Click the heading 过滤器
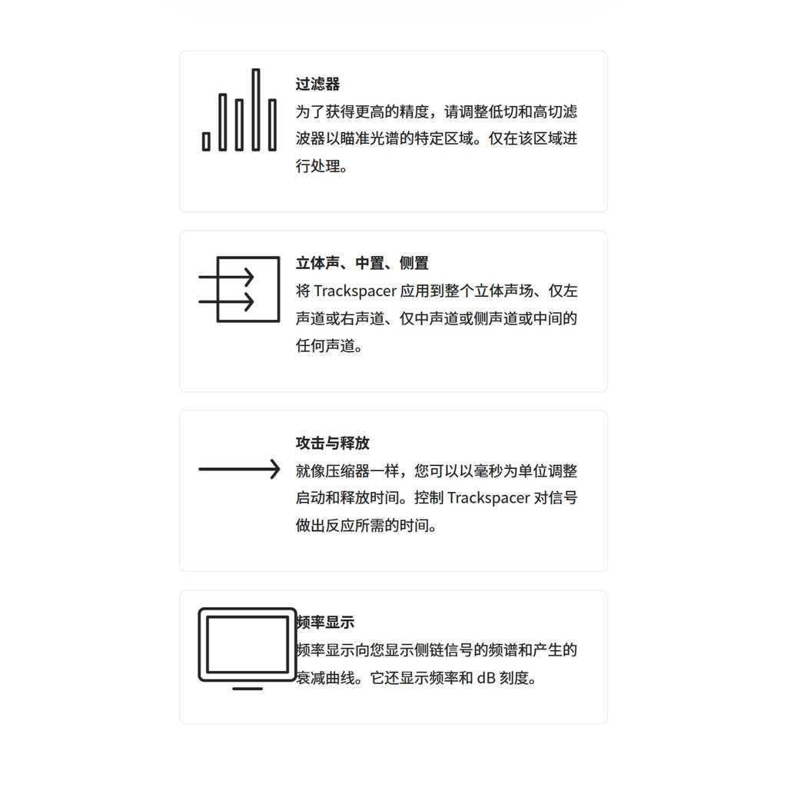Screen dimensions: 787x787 [x=317, y=84]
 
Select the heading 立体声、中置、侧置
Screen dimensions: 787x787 [x=362, y=263]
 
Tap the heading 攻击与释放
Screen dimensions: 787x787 [x=333, y=443]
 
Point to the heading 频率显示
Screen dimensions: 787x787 [x=325, y=623]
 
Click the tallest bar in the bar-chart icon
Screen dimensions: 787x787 [x=256, y=109]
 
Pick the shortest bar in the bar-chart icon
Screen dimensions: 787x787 [x=206, y=141]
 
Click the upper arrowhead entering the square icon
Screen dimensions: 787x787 [x=248, y=277]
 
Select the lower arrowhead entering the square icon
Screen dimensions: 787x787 [x=248, y=301]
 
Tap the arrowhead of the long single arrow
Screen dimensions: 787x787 [x=275, y=470]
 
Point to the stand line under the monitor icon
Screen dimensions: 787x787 [x=247, y=689]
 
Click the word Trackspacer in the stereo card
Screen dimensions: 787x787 [x=355, y=291]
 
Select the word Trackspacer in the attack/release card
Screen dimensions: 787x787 [x=488, y=498]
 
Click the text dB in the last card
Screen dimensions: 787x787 [x=486, y=678]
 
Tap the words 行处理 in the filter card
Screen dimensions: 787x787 [x=317, y=166]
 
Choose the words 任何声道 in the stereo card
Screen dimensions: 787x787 [x=325, y=346]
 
